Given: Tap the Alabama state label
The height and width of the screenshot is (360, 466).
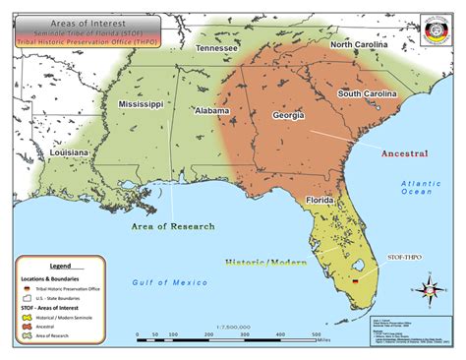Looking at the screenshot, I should click(x=211, y=111).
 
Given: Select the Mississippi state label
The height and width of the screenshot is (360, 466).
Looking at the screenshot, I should click(x=141, y=103).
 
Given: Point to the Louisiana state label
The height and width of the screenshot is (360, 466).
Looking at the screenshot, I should click(x=70, y=153).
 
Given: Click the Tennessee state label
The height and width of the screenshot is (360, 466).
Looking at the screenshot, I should click(x=215, y=48).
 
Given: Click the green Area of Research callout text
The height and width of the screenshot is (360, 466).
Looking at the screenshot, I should click(x=173, y=226).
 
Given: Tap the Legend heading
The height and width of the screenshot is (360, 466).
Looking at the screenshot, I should click(x=60, y=266).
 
